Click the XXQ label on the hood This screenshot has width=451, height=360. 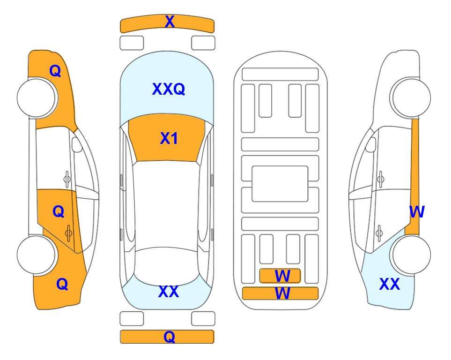(x=169, y=89)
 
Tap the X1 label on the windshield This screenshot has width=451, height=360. (x=169, y=139)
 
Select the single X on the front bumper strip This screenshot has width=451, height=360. (x=170, y=22)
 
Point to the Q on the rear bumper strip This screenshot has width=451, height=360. (x=170, y=337)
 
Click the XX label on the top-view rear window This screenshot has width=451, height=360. (x=169, y=292)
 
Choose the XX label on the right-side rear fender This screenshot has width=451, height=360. (x=390, y=284)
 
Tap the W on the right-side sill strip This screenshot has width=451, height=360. (x=417, y=212)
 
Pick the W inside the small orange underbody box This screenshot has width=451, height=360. (x=282, y=276)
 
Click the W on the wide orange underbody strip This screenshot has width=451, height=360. (x=282, y=293)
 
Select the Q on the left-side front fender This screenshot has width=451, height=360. (x=55, y=71)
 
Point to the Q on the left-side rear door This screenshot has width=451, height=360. (x=59, y=212)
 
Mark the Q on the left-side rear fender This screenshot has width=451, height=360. (x=62, y=284)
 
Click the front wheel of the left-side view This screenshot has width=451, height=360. (x=37, y=97)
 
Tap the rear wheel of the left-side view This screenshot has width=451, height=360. (x=37, y=255)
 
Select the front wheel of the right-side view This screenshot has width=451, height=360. (x=411, y=97)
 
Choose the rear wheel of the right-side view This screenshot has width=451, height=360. (x=411, y=255)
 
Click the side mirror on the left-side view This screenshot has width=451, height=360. (x=76, y=144)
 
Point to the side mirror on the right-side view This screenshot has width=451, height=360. (x=371, y=144)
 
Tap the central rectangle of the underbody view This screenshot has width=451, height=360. (x=280, y=184)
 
